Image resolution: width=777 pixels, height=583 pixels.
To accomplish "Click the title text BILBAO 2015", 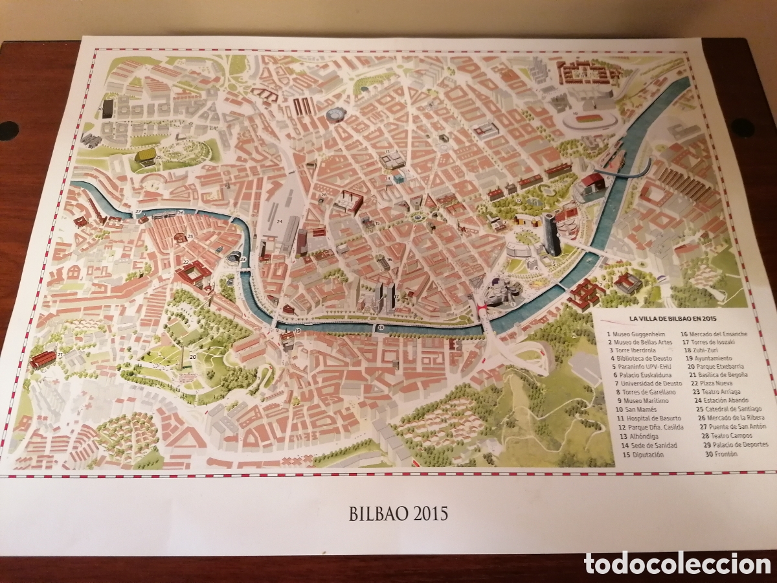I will [398, 514].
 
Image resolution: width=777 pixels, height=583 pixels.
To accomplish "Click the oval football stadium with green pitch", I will [588, 119].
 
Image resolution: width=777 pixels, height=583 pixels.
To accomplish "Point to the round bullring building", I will [337, 115].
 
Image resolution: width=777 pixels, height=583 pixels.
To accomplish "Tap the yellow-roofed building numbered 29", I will [145, 155].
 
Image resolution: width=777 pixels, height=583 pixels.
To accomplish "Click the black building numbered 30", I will [107, 108].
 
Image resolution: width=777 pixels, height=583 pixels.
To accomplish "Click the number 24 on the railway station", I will [280, 221].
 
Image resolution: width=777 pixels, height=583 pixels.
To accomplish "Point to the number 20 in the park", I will [193, 356].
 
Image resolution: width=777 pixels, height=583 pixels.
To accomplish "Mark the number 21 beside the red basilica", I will [60, 355].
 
